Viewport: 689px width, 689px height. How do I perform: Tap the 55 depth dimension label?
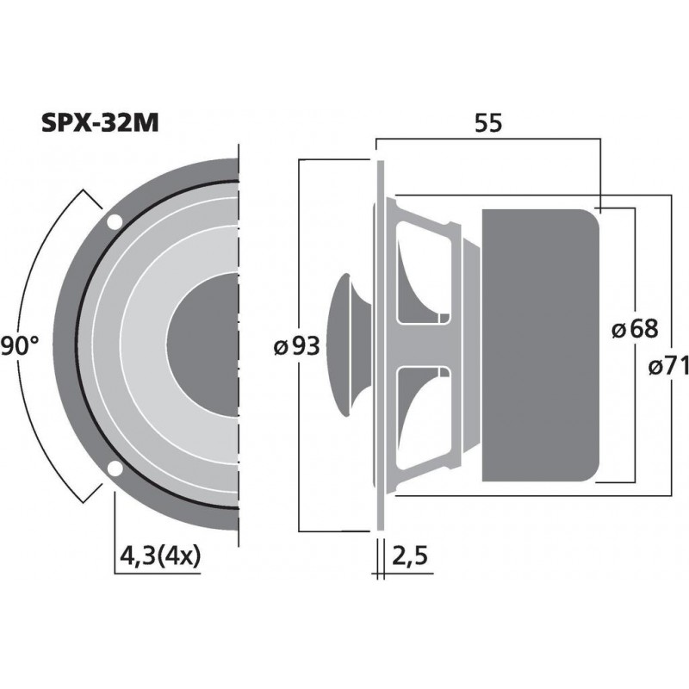point(488,123)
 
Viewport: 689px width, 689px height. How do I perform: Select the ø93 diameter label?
point(295,346)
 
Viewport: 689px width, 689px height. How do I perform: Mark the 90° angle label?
point(19,346)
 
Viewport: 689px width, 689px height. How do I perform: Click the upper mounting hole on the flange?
point(114,222)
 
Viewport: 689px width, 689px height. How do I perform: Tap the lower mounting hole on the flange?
point(114,469)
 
